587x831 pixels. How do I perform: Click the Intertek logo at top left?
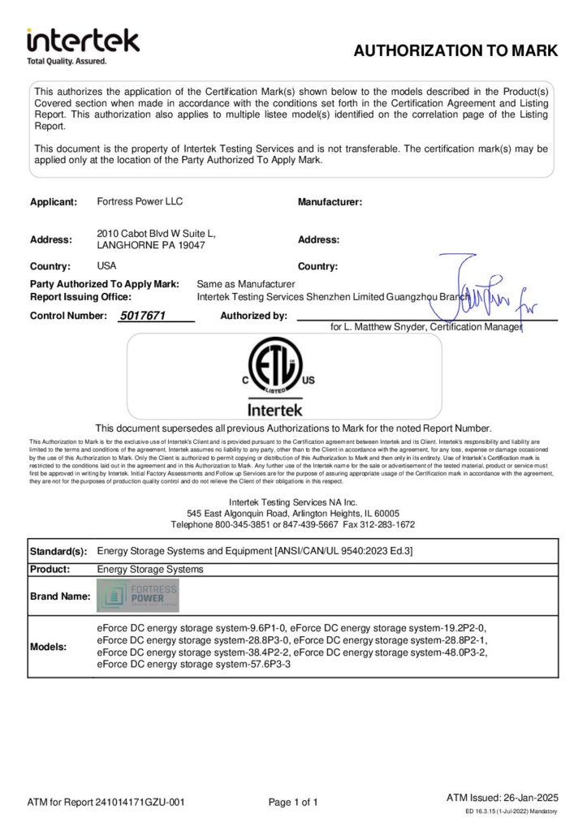click(83, 45)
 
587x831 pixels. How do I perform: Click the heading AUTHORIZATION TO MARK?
click(455, 51)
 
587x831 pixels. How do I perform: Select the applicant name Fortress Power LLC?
click(134, 201)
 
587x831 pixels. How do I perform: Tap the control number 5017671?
click(142, 316)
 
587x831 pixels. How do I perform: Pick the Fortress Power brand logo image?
click(137, 596)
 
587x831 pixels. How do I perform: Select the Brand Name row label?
click(59, 596)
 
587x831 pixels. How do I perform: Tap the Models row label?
click(50, 647)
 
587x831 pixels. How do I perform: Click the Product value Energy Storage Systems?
click(149, 569)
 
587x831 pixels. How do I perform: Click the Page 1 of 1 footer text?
click(293, 803)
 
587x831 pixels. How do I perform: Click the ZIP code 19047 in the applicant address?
click(189, 244)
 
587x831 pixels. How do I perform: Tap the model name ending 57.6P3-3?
click(193, 665)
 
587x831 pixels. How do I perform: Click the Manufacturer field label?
click(330, 201)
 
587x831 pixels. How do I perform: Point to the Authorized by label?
click(253, 316)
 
